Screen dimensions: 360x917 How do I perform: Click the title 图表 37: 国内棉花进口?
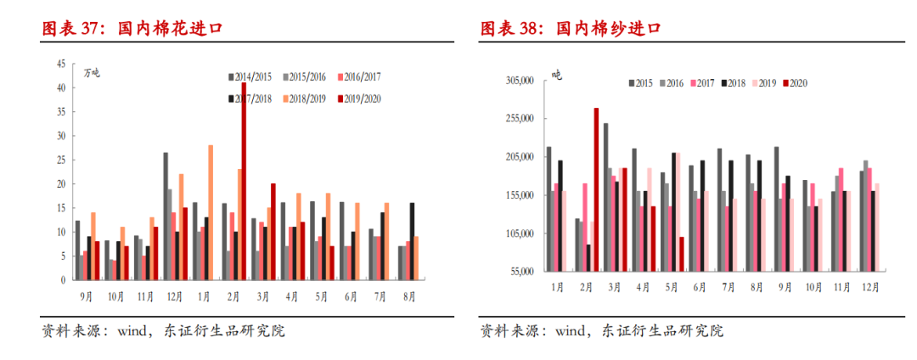pyautogui.click(x=132, y=28)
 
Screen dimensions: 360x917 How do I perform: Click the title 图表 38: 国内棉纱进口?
pyautogui.click(x=571, y=28)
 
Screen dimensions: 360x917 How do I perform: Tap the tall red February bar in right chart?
pyautogui.click(x=596, y=189)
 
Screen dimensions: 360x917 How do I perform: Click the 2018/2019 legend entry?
pyautogui.click(x=310, y=99)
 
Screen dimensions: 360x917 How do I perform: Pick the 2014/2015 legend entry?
pyautogui.click(x=256, y=76)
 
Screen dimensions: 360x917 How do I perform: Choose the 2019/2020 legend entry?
pyautogui.click(x=364, y=99)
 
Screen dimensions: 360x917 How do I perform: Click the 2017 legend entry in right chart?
pyautogui.click(x=701, y=83)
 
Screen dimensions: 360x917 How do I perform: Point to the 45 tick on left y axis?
pyautogui.click(x=60, y=64)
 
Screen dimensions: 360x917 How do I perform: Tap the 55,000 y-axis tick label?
pyautogui.click(x=520, y=272)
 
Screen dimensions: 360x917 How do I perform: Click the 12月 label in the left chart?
pyautogui.click(x=173, y=295)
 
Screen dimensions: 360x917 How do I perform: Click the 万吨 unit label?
pyautogui.click(x=90, y=71)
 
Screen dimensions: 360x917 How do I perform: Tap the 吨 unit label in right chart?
pyautogui.click(x=556, y=76)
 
